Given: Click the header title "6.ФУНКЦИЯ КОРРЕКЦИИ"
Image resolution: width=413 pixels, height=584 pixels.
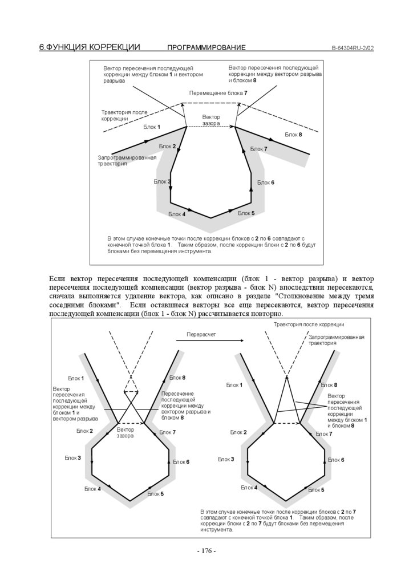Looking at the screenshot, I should tap(90, 47).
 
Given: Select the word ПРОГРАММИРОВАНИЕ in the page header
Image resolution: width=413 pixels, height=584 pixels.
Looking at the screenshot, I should tap(206, 48).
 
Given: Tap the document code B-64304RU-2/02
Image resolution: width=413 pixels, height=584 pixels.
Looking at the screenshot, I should tap(353, 48).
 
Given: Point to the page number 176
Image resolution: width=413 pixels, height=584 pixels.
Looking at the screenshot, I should tap(206, 551).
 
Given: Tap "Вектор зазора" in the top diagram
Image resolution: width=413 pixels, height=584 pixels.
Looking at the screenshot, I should tap(211, 120).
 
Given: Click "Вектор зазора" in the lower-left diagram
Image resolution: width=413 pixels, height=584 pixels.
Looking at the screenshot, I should tap(125, 432).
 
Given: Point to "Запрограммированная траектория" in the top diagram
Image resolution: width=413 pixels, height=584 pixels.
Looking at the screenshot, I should tap(127, 160).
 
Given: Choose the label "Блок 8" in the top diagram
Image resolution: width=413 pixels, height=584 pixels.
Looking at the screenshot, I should tap(293, 135).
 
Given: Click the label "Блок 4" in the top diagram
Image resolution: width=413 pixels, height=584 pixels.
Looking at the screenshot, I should tap(177, 214).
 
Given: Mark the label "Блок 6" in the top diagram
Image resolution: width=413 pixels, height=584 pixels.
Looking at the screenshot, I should tap(266, 182).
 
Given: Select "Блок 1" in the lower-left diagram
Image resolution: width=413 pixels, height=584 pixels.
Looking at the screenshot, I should tap(76, 378).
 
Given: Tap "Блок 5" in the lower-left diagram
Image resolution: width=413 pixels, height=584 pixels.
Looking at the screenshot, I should tap(155, 493).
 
